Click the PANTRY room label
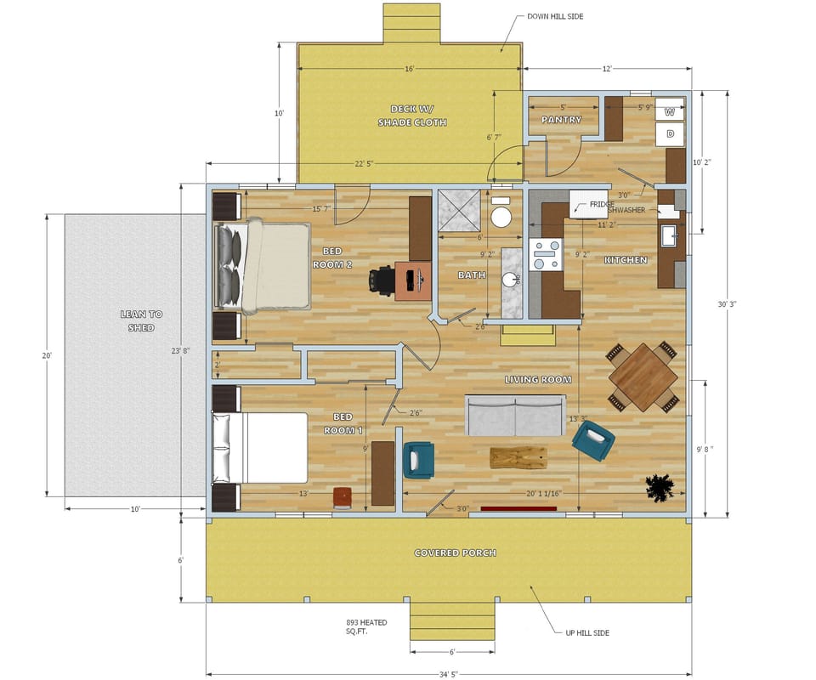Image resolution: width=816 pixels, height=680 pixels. (x=561, y=120)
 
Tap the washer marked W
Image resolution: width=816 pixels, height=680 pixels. (x=670, y=111)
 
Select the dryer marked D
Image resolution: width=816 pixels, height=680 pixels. (x=670, y=134)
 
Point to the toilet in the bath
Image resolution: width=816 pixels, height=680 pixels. (x=501, y=214)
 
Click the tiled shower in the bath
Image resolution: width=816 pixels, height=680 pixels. (x=458, y=208)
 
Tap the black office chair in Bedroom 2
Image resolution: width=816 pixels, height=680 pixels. (x=382, y=280)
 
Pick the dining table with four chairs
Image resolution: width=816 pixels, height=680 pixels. (x=643, y=376)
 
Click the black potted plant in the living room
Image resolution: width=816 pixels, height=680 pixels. (x=660, y=488)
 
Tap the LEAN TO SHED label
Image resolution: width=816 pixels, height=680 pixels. (x=141, y=320)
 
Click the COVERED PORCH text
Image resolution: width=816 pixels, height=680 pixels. (x=455, y=552)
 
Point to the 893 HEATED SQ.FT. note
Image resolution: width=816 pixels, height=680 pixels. (x=366, y=627)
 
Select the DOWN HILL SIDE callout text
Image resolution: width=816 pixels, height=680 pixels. (x=556, y=16)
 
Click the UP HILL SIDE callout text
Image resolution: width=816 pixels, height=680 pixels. (x=587, y=632)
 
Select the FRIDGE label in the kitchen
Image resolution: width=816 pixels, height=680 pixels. (x=602, y=205)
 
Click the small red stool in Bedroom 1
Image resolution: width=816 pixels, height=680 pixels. (x=342, y=497)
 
